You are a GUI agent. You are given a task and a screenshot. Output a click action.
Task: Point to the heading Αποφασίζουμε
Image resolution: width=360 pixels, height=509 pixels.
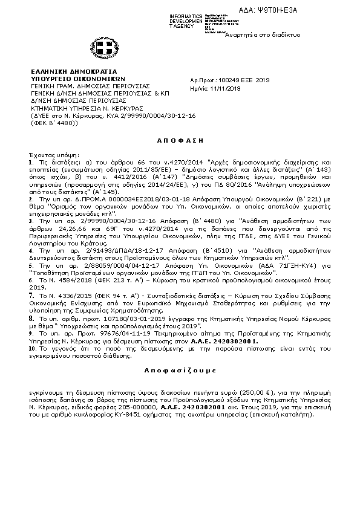[180, 368]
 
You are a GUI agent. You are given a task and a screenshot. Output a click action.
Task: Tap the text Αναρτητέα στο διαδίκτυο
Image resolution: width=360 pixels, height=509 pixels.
[263, 35]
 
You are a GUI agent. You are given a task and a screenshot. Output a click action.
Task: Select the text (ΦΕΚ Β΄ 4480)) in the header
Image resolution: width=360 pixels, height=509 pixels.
[53, 122]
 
